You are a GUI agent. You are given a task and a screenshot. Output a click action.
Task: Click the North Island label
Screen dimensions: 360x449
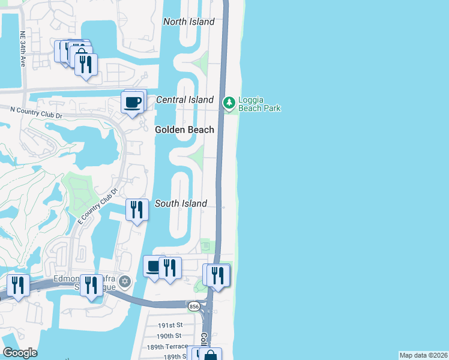click(x=189, y=22)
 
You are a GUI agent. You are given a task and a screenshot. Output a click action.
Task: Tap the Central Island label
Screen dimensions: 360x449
click(x=185, y=100)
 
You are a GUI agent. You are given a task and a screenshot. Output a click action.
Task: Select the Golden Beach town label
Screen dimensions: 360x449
click(x=184, y=130)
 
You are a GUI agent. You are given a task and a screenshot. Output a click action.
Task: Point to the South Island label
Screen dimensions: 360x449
click(x=181, y=203)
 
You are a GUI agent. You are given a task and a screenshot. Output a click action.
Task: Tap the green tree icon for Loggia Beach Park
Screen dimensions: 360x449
click(x=229, y=103)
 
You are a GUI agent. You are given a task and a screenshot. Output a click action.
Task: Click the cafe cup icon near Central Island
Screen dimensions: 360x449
click(x=133, y=102)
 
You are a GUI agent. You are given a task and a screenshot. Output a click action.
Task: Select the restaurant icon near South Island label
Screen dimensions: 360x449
click(x=137, y=210)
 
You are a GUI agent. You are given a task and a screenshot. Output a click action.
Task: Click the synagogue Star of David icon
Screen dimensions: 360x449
click(x=125, y=281)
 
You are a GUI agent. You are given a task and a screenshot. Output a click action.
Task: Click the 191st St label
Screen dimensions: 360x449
click(x=169, y=324)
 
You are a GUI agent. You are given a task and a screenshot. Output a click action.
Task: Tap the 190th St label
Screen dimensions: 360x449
click(x=169, y=335)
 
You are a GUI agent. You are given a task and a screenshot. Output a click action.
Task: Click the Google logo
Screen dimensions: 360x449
click(x=20, y=353)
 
